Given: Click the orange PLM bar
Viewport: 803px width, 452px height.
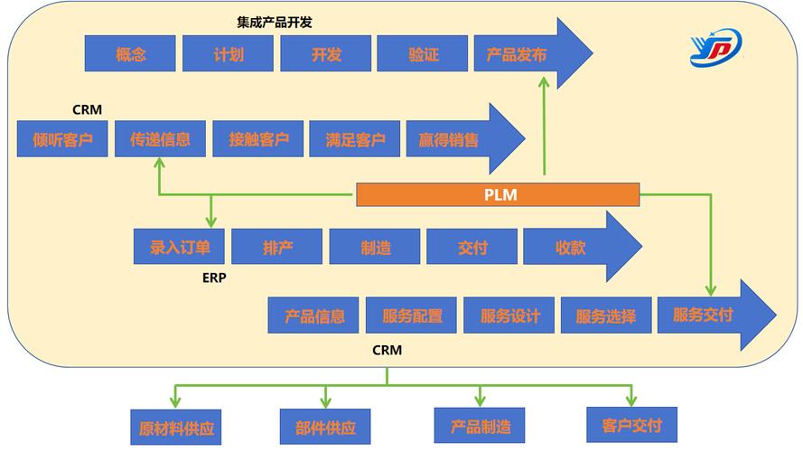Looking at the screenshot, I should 498,193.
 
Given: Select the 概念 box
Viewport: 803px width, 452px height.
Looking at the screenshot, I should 130,53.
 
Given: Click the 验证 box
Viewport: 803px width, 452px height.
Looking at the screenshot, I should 423,53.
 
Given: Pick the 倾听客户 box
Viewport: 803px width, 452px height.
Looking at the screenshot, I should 62,139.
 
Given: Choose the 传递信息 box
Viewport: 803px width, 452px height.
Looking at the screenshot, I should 160,139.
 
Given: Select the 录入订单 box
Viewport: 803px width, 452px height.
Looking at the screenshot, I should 179,247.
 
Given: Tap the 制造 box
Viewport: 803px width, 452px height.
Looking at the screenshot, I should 375,247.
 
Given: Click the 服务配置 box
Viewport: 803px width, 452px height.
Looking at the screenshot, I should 412,315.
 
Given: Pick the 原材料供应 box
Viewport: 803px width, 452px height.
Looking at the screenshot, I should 175,427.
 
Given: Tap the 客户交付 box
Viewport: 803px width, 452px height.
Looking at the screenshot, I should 630,425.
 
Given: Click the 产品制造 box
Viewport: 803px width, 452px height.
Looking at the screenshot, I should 479,426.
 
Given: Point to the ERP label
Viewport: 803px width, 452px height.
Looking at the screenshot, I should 214,278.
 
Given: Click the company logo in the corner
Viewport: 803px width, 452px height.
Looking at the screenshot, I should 715,47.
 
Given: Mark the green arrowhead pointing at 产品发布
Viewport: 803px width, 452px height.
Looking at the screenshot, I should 545,81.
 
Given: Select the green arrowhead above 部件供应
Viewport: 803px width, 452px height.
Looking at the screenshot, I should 326,400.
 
